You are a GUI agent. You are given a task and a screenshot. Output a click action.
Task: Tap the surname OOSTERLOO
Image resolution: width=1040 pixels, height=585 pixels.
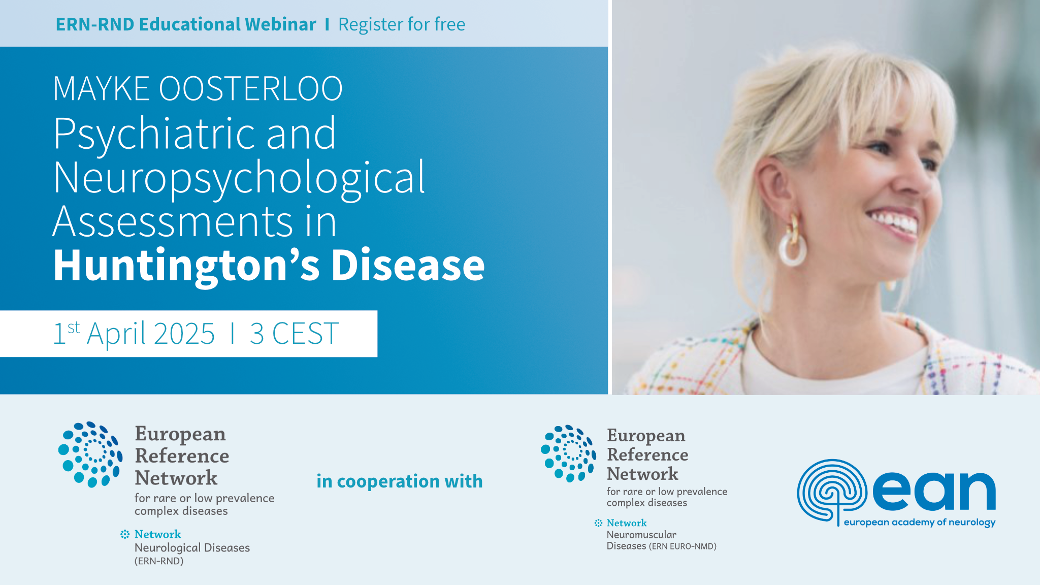coord(251,89)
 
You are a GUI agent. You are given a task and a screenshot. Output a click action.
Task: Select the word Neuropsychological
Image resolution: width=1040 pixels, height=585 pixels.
coord(239,178)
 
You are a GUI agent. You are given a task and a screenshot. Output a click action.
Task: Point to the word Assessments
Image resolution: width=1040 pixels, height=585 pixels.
coord(173,222)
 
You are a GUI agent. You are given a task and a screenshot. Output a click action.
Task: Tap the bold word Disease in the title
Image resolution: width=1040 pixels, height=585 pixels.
coord(408,266)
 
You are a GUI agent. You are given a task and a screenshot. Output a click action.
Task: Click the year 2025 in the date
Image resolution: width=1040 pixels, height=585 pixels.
coord(184,334)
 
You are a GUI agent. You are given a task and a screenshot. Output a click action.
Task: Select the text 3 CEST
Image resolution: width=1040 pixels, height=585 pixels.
coord(294,334)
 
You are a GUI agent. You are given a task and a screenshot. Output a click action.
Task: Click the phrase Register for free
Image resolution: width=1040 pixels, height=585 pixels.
coord(402,24)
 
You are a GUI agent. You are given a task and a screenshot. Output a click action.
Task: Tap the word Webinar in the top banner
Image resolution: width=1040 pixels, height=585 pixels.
coord(280,24)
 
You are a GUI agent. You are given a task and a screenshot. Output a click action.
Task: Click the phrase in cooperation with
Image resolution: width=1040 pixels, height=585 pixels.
coord(400,481)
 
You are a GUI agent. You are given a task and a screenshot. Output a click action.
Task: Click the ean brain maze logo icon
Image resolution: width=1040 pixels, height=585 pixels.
coord(832,490)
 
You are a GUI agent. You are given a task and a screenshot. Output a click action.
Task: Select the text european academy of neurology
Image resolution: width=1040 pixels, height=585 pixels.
coord(919,522)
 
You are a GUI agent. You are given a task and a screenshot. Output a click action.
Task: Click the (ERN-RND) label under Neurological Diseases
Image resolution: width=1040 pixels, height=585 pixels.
coord(159,561)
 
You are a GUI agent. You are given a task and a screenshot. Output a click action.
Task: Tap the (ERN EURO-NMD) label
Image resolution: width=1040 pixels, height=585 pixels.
coord(682,546)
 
